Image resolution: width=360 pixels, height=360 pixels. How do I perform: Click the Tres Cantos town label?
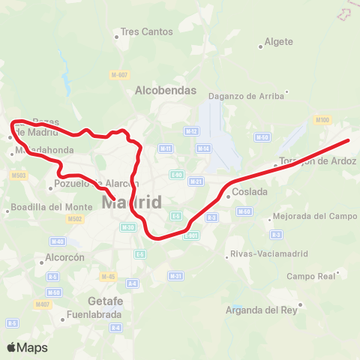(147, 32)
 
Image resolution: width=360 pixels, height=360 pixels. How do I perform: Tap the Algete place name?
(278, 42)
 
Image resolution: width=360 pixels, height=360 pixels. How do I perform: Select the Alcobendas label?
(166, 90)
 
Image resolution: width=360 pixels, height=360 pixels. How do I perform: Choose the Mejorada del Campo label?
(316, 216)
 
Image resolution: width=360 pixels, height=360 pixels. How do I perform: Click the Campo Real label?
(311, 276)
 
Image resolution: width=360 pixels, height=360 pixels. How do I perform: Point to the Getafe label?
(105, 301)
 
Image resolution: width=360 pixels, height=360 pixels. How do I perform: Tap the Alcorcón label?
(65, 256)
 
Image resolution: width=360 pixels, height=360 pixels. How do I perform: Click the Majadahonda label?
(44, 150)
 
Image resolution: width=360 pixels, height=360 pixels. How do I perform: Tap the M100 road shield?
(322, 120)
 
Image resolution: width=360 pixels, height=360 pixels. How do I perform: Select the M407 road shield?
(42, 304)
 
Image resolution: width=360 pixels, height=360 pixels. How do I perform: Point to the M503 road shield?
(19, 175)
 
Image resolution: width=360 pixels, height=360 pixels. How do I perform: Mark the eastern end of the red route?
(348, 140)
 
